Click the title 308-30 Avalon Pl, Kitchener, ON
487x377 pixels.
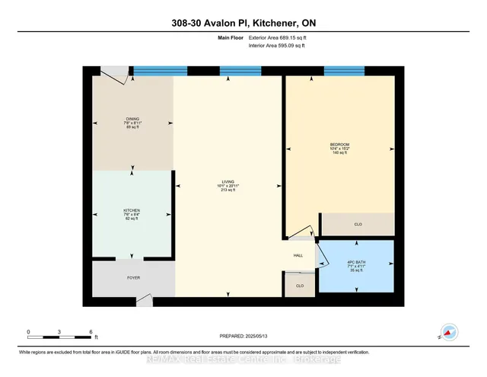(x=243, y=23)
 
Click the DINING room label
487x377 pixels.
(x=133, y=120)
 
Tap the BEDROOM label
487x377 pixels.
(x=339, y=145)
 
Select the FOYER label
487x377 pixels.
(x=133, y=278)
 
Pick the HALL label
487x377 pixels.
(x=299, y=257)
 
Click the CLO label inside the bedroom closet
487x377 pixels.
(x=358, y=225)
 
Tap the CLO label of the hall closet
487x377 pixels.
(x=299, y=286)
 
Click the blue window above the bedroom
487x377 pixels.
(x=345, y=72)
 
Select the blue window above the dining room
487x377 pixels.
(x=160, y=72)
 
